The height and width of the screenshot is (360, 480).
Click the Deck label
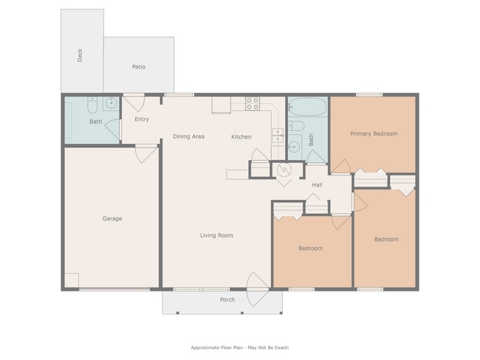[80, 55]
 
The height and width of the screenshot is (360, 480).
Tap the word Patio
[139, 67]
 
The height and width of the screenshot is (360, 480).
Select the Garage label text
[112, 218]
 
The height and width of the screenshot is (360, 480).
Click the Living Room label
[216, 235]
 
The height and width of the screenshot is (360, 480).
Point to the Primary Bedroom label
[374, 134]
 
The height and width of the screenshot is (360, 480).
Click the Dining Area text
[188, 136]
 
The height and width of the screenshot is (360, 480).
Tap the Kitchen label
[241, 136]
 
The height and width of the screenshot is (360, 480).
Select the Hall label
[317, 185]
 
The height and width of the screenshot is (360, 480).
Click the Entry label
[142, 120]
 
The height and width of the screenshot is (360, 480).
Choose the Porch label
[227, 300]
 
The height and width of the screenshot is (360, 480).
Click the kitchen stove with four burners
[253, 103]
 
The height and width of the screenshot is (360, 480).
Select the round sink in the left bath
[112, 104]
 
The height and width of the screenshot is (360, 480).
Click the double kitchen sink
[278, 136]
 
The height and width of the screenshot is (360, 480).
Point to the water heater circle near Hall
[285, 170]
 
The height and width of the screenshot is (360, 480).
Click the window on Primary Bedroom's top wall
[369, 94]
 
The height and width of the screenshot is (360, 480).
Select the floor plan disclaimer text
[239, 347]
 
